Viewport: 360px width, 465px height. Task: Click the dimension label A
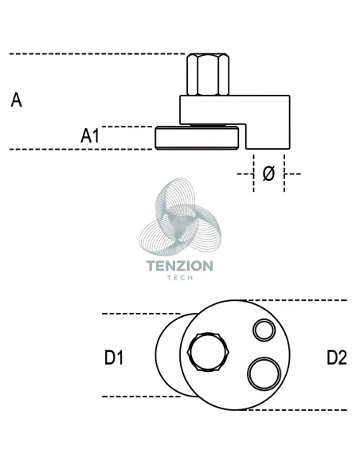[x=16, y=100]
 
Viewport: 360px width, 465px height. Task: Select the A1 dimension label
[x=90, y=136]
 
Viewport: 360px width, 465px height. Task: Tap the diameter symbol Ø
[x=268, y=174]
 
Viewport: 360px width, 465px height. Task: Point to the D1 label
[x=114, y=358]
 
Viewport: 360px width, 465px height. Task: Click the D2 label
[x=337, y=358]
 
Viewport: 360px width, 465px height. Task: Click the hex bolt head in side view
[x=208, y=74]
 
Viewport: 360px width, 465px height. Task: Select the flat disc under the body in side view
[x=197, y=138]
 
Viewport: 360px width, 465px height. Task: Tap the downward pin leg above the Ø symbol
[x=268, y=136]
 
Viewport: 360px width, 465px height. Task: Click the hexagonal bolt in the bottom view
[x=208, y=352]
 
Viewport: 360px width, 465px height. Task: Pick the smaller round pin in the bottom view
[x=264, y=330]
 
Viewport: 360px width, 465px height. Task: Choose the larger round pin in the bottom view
[x=264, y=374]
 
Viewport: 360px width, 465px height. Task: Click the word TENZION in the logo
[x=180, y=266]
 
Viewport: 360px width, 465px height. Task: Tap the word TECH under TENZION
[x=180, y=278]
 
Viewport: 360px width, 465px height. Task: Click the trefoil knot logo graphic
[x=180, y=217]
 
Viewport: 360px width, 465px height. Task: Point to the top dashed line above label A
[x=97, y=54]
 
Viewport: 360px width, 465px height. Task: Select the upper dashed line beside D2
[x=296, y=300]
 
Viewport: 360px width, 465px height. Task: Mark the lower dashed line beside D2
[x=296, y=410]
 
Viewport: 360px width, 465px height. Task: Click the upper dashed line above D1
[x=142, y=314]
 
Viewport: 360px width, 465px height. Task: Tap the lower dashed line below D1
[x=142, y=397]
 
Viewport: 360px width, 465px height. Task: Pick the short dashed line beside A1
[x=127, y=127]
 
